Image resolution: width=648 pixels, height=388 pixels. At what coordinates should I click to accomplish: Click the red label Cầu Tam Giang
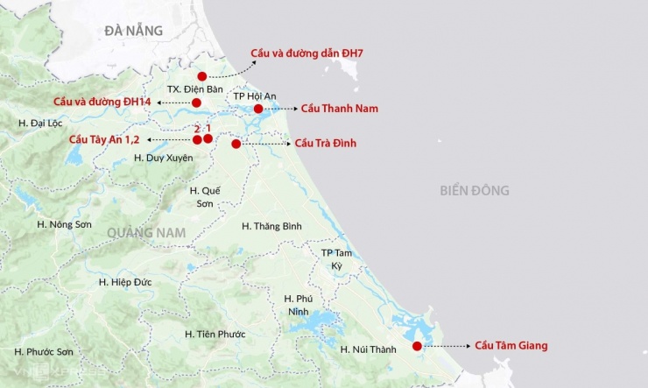click(x=511, y=346)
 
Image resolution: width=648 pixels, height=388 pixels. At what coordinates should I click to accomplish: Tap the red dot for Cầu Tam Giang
click(x=417, y=346)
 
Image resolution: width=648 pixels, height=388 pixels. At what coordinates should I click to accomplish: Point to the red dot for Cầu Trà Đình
click(x=236, y=144)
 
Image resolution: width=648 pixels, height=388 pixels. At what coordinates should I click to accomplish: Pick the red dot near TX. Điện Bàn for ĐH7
click(x=202, y=76)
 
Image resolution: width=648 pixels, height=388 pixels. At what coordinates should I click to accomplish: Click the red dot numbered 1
click(x=208, y=138)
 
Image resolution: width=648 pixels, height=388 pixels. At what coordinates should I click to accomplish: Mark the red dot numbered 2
click(x=197, y=139)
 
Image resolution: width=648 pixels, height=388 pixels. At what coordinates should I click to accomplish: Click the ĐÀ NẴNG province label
click(x=133, y=31)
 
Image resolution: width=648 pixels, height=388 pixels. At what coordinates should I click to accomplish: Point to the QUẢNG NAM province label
click(x=148, y=231)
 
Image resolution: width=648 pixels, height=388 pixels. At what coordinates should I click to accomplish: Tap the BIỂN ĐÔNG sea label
click(x=475, y=190)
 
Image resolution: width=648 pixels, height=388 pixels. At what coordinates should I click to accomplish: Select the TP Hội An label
click(x=254, y=95)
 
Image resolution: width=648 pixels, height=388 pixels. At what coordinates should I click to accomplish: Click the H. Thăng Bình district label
click(x=271, y=226)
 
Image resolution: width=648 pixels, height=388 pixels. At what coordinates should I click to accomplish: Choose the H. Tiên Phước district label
click(x=215, y=334)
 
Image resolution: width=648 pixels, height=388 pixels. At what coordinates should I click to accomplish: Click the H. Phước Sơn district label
click(x=44, y=351)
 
